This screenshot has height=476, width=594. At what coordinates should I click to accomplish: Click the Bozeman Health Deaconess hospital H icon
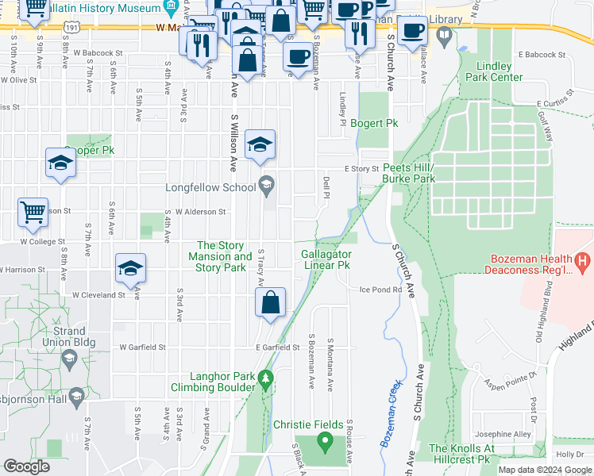pos(583,260)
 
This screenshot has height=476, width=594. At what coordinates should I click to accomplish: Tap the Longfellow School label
pos(210,188)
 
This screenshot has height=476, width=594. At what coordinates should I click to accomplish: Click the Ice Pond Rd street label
pos(381,290)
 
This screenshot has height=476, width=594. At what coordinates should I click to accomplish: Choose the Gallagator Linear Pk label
pos(326,259)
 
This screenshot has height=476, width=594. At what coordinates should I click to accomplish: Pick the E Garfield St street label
pos(277,347)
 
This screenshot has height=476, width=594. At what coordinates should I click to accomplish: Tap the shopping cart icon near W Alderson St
pos(33,212)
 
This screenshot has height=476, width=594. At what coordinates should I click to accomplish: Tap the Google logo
pos(26,466)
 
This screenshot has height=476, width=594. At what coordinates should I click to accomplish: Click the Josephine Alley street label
pos(502,435)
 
